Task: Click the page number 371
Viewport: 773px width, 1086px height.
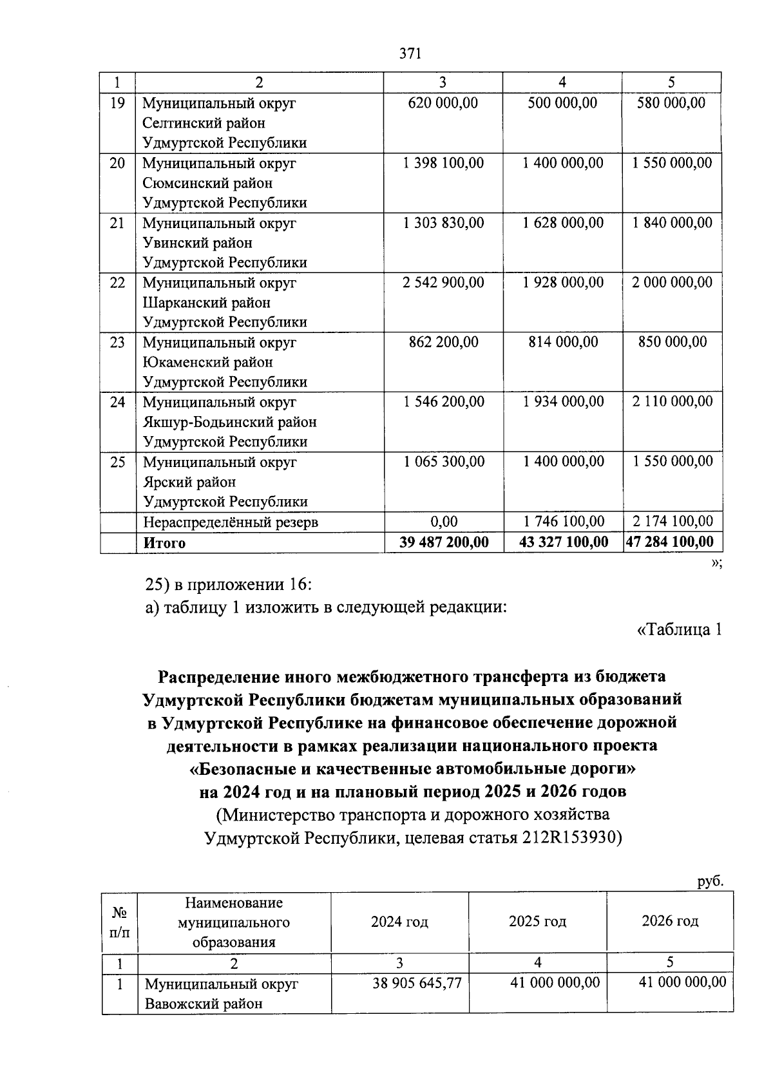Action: click(410, 53)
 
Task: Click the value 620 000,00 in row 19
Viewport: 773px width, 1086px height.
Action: click(443, 103)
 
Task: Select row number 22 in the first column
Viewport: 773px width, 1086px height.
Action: click(117, 283)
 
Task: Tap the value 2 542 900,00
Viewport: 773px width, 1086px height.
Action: click(443, 283)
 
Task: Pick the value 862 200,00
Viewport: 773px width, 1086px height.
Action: click(443, 342)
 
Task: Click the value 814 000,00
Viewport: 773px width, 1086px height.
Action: click(563, 342)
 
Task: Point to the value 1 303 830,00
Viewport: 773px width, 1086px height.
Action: click(443, 223)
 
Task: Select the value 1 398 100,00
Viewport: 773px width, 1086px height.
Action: click(443, 163)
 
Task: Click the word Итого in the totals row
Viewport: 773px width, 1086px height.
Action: click(164, 543)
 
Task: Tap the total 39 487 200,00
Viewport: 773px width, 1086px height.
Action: click(443, 542)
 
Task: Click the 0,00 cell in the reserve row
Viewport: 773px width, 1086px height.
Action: click(443, 522)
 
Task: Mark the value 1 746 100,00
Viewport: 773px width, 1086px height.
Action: click(563, 522)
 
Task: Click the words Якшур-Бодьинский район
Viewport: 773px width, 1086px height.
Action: click(230, 423)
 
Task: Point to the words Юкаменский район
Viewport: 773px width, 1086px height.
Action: click(207, 363)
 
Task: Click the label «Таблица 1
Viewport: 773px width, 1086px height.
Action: click(679, 630)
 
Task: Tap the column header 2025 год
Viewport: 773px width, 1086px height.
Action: click(537, 922)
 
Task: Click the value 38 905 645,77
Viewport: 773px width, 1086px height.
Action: click(417, 983)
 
